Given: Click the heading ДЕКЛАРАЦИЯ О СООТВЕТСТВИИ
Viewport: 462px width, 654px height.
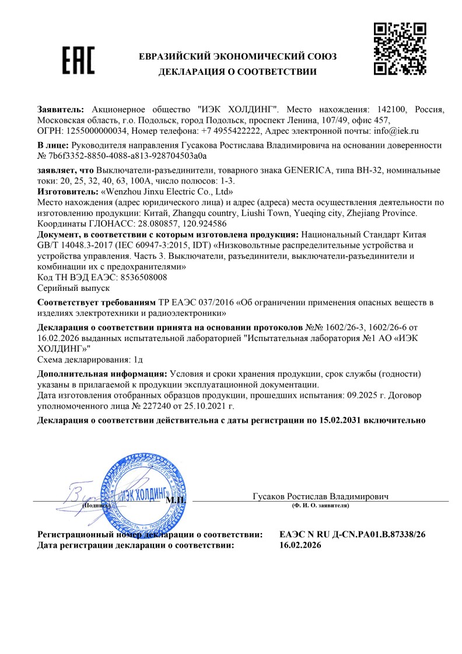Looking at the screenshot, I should pyautogui.click(x=237, y=72).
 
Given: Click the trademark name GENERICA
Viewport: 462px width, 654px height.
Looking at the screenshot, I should pyautogui.click(x=310, y=170).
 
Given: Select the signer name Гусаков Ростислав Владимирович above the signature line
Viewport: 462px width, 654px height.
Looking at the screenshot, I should pyautogui.click(x=320, y=496).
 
